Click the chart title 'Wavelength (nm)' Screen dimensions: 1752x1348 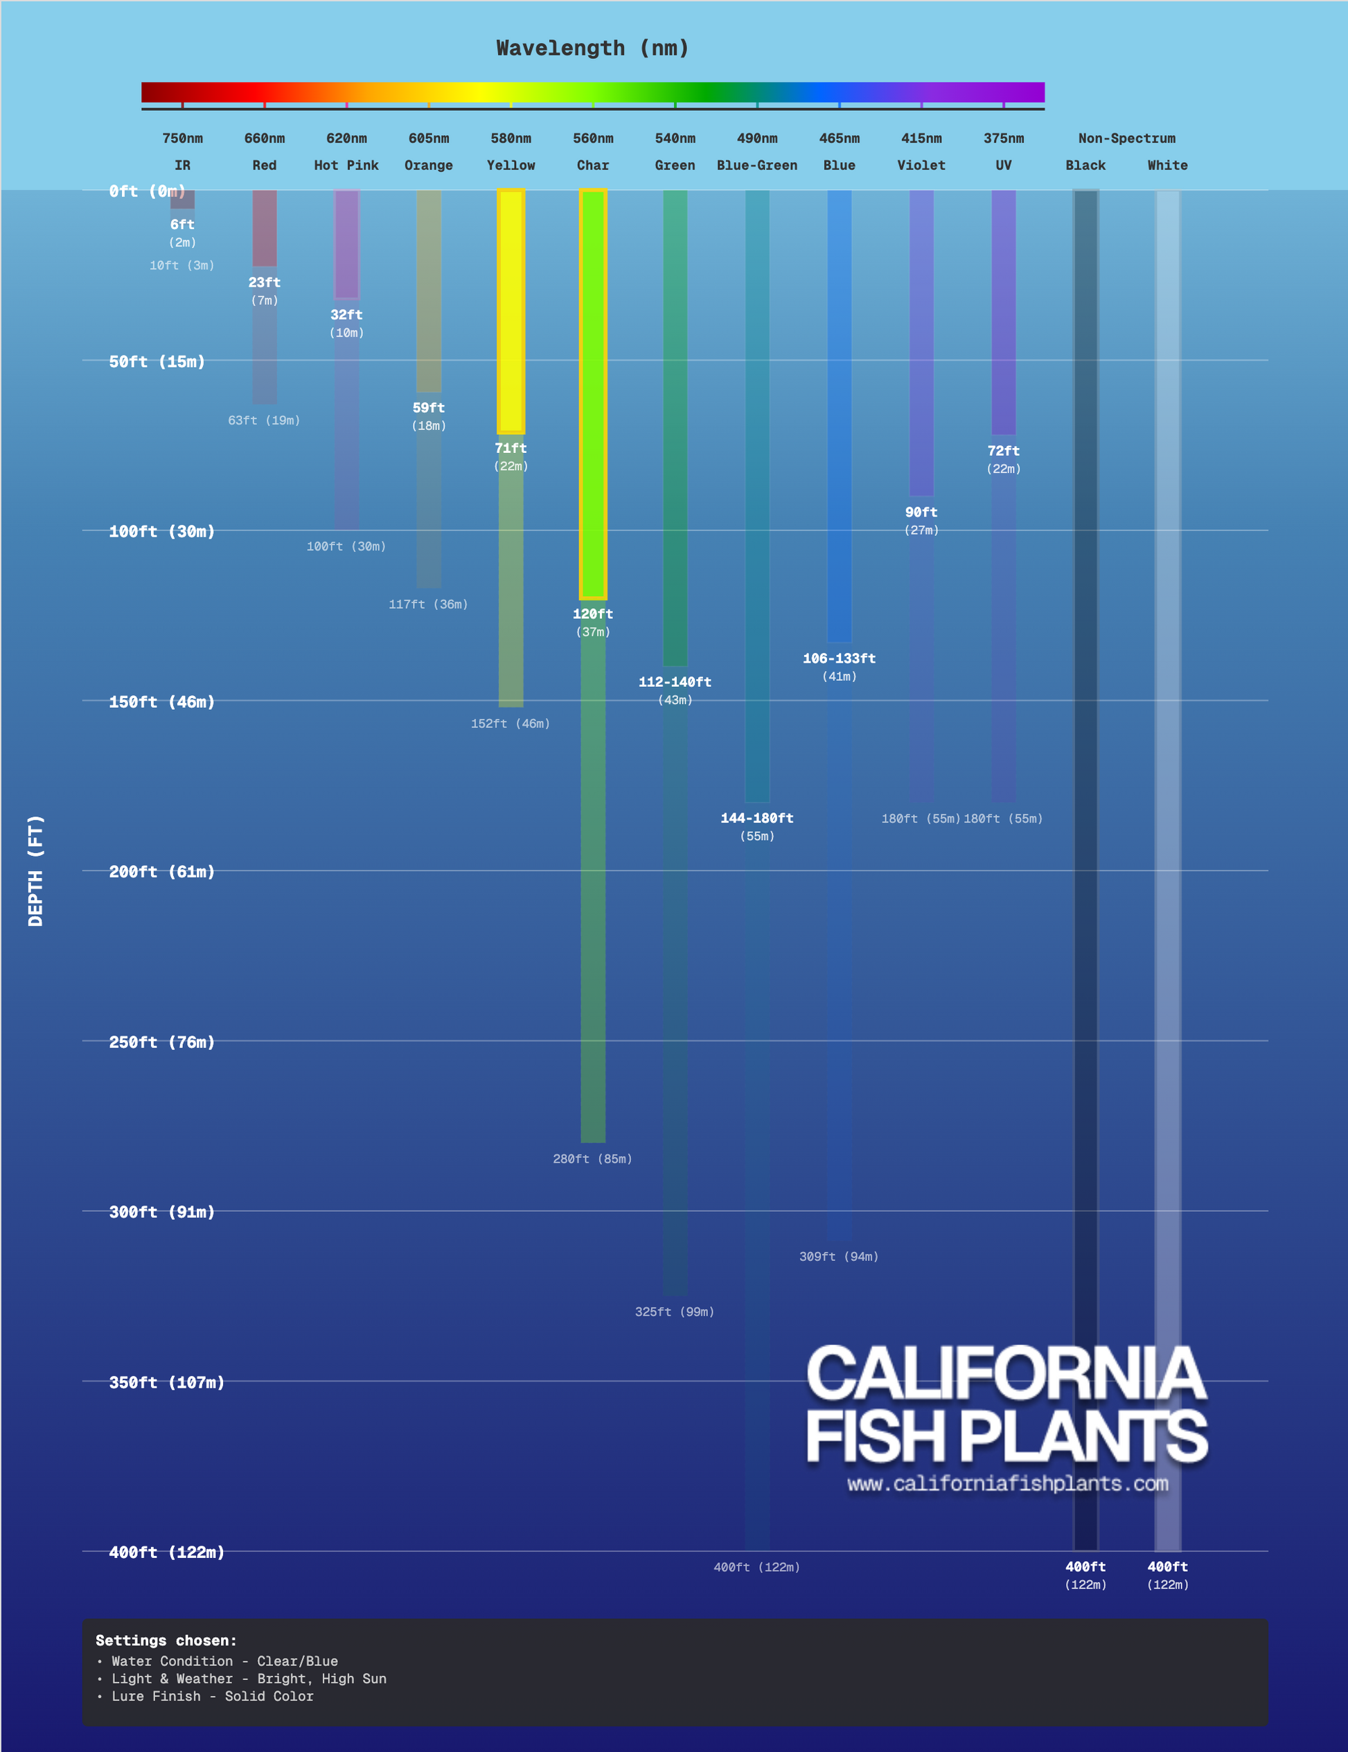pos(592,48)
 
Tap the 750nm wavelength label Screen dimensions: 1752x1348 pos(182,138)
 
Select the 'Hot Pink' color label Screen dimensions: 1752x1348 pos(346,166)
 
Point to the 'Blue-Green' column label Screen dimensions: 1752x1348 pos(756,166)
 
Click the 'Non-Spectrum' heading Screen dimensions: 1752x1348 pos(1126,138)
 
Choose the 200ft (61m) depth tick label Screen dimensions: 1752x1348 pos(161,872)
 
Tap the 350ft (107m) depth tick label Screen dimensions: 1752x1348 pos(166,1382)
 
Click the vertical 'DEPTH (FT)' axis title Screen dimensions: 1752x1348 pos(35,870)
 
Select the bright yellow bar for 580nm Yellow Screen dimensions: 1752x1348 pos(511,311)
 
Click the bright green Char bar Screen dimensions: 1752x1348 pos(593,393)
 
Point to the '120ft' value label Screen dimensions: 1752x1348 pos(593,614)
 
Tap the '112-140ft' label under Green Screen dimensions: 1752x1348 pos(675,682)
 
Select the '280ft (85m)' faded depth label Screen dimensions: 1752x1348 pos(592,1159)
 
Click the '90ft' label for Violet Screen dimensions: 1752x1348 pos(921,512)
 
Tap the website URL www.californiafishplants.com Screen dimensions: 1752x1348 pos(1007,1484)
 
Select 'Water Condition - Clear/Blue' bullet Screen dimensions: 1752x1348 pos(224,1661)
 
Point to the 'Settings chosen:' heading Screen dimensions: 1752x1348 pos(166,1641)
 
